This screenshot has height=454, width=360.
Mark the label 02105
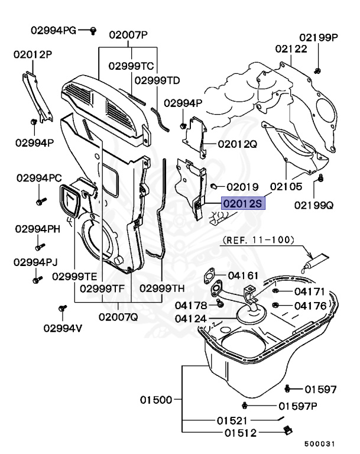click(x=286, y=187)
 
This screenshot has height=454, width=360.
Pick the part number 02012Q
click(x=237, y=144)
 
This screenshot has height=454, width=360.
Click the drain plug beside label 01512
click(x=287, y=430)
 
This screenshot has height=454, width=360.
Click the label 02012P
click(x=33, y=54)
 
